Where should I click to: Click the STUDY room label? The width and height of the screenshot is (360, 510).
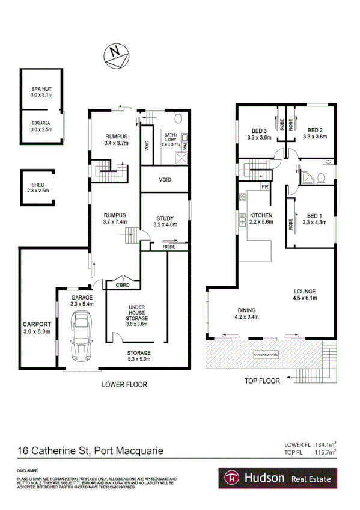point(165,218)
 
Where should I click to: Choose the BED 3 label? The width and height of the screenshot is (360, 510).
point(259,130)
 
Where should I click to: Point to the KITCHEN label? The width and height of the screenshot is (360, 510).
point(261,215)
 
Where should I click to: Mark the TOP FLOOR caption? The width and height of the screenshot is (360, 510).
point(263,381)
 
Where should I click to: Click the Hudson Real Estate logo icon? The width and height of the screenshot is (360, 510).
point(229,478)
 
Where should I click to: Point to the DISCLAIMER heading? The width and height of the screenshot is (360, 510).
point(28,470)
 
